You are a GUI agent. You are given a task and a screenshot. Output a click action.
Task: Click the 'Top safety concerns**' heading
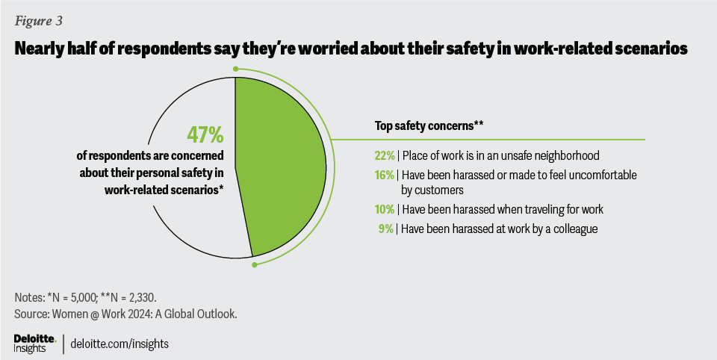pyautogui.click(x=426, y=126)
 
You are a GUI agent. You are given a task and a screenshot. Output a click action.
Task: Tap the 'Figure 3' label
pyautogui.click(x=39, y=19)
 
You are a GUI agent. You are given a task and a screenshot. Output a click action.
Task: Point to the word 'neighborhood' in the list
pyautogui.click(x=569, y=155)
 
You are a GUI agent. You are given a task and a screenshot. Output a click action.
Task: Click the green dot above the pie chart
pyautogui.click(x=235, y=69)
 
